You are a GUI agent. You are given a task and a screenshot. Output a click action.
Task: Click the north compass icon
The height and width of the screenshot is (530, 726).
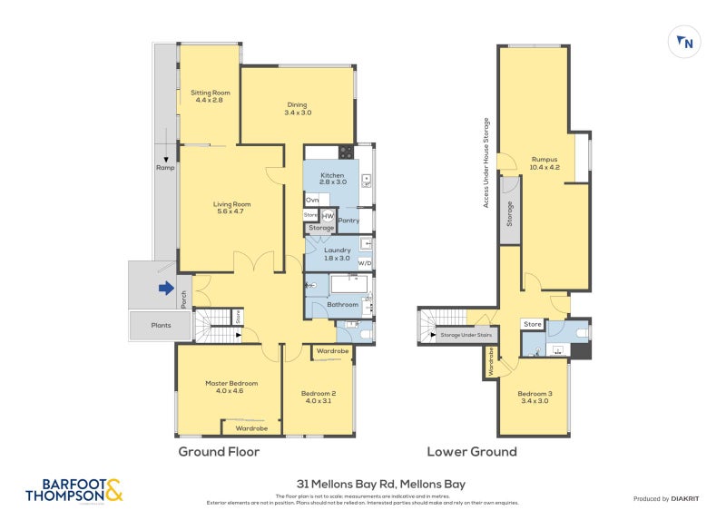tap(685, 41)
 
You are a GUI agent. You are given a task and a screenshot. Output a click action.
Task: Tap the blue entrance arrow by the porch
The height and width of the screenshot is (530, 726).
tap(165, 289)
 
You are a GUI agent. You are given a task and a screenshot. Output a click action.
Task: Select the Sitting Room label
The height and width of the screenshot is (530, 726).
tap(209, 96)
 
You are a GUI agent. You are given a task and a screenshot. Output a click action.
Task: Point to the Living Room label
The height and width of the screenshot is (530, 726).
tap(231, 208)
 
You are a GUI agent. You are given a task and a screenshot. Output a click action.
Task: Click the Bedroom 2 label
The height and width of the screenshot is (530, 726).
tap(319, 397)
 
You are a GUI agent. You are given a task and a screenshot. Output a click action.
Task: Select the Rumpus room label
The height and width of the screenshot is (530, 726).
tap(544, 162)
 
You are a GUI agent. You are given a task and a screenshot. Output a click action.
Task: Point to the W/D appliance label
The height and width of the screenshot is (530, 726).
tap(365, 263)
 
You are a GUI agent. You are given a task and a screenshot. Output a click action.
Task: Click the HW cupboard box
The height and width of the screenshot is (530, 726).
tap(328, 215)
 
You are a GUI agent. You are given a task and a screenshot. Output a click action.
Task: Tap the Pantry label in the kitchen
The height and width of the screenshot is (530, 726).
tap(348, 220)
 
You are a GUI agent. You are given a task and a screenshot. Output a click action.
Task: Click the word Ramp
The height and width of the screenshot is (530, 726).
tap(165, 168)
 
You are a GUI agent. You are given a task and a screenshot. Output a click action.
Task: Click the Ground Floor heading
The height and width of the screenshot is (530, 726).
tap(219, 451)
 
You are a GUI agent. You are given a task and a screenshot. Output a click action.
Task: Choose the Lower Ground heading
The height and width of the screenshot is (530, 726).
tap(472, 451)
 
